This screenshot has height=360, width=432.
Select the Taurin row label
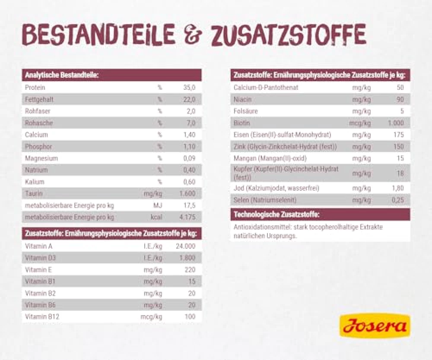[34, 194]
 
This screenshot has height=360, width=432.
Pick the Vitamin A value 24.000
[185, 246]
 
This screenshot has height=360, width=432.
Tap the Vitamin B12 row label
[42, 317]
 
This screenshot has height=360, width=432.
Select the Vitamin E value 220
[190, 270]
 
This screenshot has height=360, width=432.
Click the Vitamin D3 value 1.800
[187, 258]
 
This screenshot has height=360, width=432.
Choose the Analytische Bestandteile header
[62, 76]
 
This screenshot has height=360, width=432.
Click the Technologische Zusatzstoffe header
[276, 215]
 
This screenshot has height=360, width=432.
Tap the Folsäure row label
[246, 111]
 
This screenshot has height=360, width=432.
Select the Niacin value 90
[400, 100]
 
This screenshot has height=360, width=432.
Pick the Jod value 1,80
[397, 189]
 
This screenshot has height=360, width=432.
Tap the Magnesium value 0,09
[189, 158]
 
